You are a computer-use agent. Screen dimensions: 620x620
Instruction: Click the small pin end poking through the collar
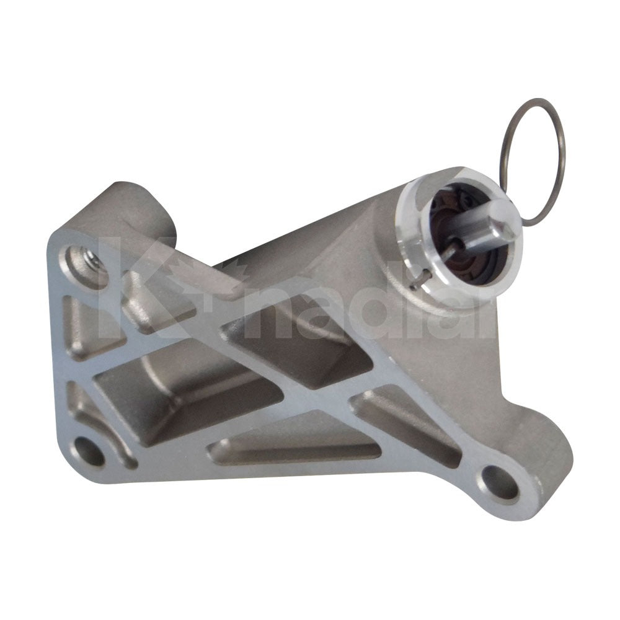click(x=414, y=286)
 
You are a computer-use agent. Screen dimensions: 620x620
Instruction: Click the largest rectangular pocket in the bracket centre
click(x=186, y=397)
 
